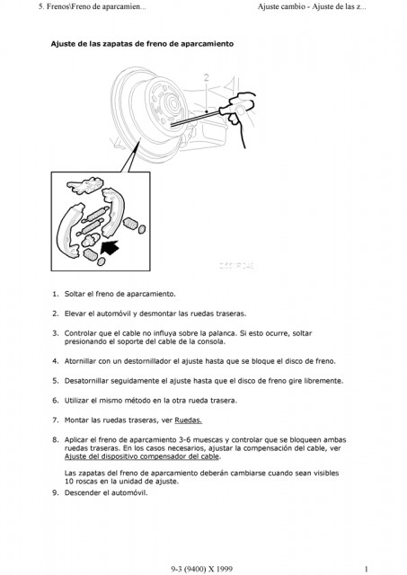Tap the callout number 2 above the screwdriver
tap(206, 77)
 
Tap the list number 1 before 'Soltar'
tap(55, 293)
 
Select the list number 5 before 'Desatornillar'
tap(55, 380)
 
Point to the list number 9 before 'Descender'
tap(55, 492)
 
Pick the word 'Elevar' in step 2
tap(76, 313)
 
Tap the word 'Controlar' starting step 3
tap(82, 332)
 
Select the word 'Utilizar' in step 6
tap(79, 400)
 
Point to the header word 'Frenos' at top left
tap(31, 7)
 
